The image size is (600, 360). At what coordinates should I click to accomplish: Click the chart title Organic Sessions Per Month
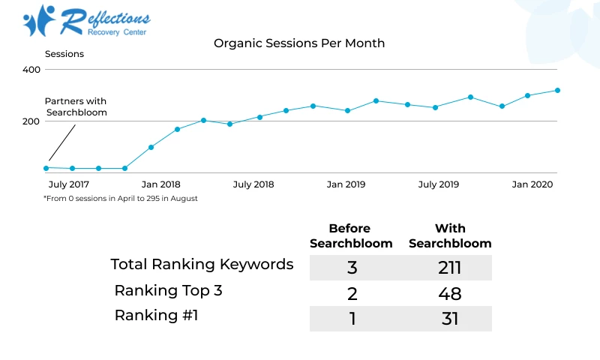299,43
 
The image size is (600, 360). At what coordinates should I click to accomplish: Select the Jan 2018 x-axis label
160,184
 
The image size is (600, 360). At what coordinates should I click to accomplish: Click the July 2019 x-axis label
439,184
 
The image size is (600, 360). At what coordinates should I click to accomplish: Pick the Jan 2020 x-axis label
532,184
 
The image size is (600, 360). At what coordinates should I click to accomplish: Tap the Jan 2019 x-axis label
346,184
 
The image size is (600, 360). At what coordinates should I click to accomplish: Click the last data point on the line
557,91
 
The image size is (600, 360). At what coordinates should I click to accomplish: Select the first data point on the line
46,168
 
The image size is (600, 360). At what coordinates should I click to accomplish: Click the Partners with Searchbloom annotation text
76,106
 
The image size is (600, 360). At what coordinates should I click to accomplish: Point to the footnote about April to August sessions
121,199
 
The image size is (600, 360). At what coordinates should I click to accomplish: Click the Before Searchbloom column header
350,235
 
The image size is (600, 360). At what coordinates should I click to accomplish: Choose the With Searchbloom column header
450,235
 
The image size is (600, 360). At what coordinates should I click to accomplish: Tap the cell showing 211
450,268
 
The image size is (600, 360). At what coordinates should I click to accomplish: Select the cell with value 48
450,293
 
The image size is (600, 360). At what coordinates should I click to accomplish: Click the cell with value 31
450,319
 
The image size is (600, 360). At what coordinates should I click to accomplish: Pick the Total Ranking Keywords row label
202,264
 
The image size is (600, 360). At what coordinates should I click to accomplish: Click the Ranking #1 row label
156,315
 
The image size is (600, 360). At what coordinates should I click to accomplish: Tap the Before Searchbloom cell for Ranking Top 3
351,293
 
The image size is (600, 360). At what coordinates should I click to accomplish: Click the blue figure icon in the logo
38,20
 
